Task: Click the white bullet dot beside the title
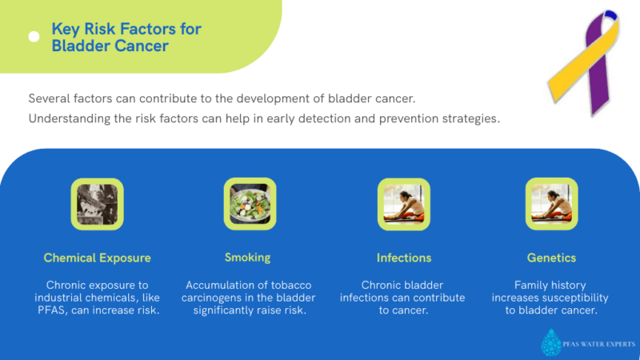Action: [34, 37]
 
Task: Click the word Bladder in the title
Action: [78, 46]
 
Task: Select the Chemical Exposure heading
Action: [97, 258]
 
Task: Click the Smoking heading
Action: [247, 258]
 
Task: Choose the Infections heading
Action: [404, 258]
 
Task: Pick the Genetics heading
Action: [551, 258]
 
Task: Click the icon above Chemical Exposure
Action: [98, 204]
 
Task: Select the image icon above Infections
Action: [404, 204]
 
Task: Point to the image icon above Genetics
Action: [551, 204]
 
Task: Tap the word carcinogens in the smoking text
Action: [218, 298]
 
